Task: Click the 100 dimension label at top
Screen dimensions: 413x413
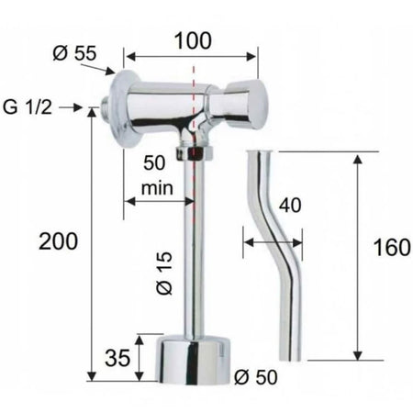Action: point(193,40)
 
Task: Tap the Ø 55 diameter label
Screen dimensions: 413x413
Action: point(74,53)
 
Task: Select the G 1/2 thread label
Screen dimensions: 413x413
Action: point(28,107)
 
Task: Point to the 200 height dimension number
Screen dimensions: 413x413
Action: point(58,241)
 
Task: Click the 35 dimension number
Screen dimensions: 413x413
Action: point(117,358)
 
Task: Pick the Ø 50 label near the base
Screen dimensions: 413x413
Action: point(256,377)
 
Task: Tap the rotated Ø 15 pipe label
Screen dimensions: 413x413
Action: point(164,273)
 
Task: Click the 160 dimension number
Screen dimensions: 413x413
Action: point(392,247)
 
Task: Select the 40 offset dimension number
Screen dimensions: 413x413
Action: point(290,205)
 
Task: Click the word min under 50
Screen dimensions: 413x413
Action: point(157,188)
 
